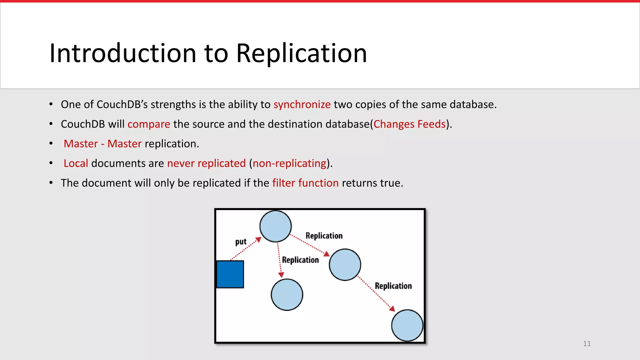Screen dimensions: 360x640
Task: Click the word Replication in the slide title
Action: coord(301,53)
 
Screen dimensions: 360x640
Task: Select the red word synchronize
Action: coord(302,104)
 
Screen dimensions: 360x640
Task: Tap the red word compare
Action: coord(149,124)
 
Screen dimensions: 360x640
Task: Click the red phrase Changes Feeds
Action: coord(409,124)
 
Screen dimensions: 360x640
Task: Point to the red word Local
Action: coord(76,163)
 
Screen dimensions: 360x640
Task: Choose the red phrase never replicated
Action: coord(207,163)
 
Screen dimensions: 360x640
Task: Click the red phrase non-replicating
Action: coord(290,163)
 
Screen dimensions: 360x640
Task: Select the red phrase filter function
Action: coord(305,183)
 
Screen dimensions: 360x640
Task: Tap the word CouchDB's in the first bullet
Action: coord(122,104)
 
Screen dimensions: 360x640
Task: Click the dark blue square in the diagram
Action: coord(230,274)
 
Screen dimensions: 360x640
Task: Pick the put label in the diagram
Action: coord(241,242)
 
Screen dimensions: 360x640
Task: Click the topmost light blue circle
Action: coord(276,226)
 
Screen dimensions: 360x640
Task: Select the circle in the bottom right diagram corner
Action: coord(407,325)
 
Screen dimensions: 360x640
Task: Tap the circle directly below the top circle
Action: coord(287,295)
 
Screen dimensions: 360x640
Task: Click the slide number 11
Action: coord(587,344)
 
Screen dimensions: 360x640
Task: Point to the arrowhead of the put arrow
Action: coord(258,240)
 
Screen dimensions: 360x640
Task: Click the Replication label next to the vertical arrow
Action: coord(300,260)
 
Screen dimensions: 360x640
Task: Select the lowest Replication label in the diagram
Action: coord(393,286)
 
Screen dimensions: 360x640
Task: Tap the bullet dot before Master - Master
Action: coord(51,144)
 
